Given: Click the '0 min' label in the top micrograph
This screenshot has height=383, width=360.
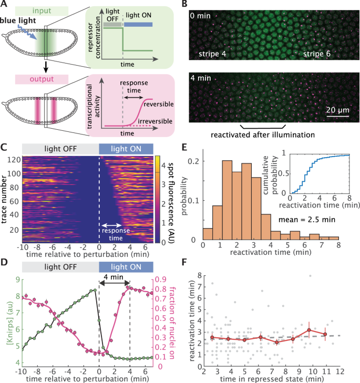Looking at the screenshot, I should [200, 16].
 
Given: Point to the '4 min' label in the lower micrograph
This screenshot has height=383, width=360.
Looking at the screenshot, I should [200, 82].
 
